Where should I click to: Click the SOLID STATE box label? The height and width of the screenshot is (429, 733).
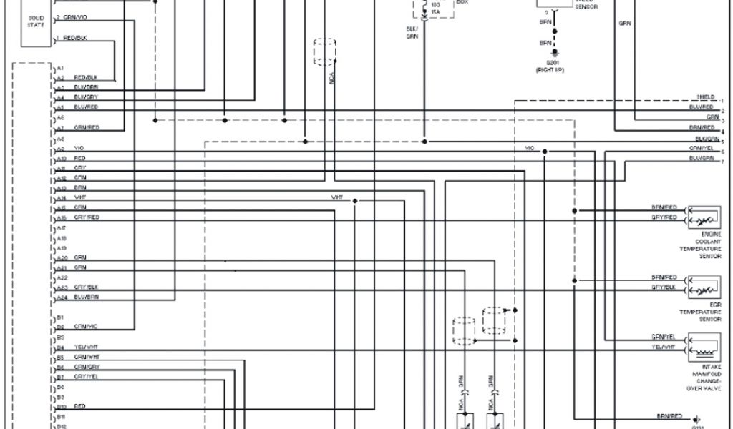pyautogui.click(x=36, y=21)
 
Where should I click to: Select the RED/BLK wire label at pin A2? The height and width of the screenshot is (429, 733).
pyautogui.click(x=85, y=77)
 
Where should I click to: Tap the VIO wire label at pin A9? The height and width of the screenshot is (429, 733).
pyautogui.click(x=79, y=147)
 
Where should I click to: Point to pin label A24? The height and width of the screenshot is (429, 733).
pyautogui.click(x=62, y=297)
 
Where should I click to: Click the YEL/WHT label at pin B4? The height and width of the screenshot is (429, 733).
pyautogui.click(x=86, y=347)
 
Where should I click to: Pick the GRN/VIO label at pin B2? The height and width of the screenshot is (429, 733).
pyautogui.click(x=86, y=327)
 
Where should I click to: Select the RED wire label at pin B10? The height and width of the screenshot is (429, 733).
pyautogui.click(x=79, y=406)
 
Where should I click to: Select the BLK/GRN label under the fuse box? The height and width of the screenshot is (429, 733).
pyautogui.click(x=412, y=32)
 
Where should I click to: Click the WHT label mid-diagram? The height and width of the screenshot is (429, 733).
pyautogui.click(x=337, y=197)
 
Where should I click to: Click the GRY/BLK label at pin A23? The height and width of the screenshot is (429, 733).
pyautogui.click(x=86, y=287)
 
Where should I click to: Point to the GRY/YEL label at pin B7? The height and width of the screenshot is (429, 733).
pyautogui.click(x=86, y=376)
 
